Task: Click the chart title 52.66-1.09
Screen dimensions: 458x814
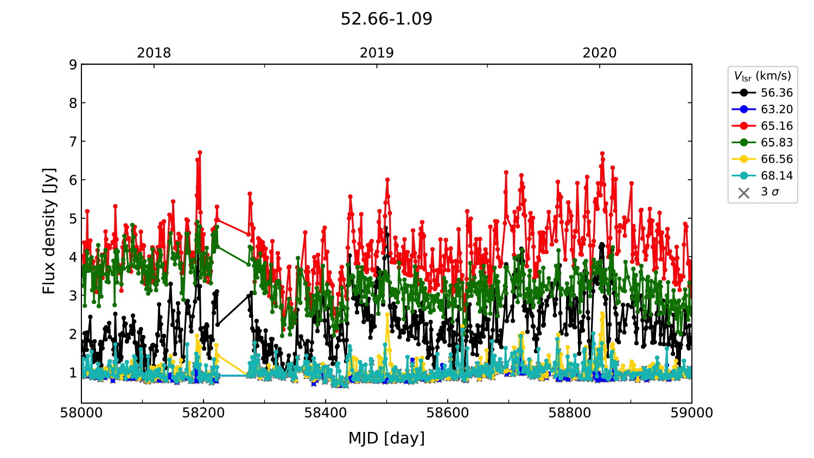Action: [x=386, y=19]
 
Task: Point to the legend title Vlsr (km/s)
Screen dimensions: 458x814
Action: [x=762, y=76]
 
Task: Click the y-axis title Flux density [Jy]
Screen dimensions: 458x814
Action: [x=49, y=231]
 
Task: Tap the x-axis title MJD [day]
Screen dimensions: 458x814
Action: [x=386, y=438]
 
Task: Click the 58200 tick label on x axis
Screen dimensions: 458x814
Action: [x=203, y=413]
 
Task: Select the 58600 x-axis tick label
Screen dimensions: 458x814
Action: [x=448, y=413]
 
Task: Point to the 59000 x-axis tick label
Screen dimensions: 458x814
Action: [x=691, y=413]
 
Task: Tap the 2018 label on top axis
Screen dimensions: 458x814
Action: [x=154, y=53]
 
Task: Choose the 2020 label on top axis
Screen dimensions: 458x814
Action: [x=600, y=53]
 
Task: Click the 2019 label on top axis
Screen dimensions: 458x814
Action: [x=377, y=53]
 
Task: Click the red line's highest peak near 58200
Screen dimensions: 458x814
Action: [x=200, y=152]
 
